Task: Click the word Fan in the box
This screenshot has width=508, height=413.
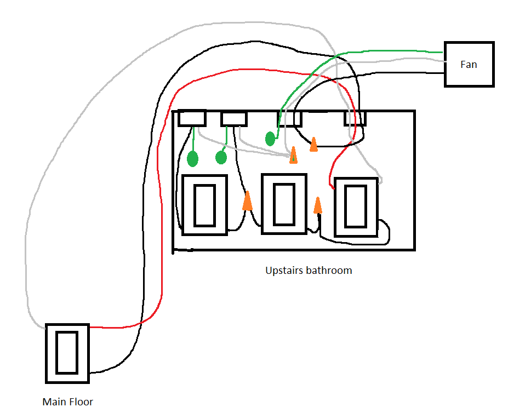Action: pyautogui.click(x=469, y=64)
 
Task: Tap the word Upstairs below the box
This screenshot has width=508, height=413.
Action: pyautogui.click(x=284, y=270)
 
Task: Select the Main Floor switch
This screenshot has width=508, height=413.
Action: pyautogui.click(x=67, y=353)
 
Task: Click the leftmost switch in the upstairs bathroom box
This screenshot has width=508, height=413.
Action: pyautogui.click(x=204, y=205)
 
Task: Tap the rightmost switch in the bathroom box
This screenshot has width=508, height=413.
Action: pyautogui.click(x=356, y=208)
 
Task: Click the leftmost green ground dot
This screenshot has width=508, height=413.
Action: pyautogui.click(x=192, y=159)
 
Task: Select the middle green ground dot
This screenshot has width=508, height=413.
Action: pyautogui.click(x=221, y=158)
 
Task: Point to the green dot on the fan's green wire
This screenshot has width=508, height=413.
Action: pyautogui.click(x=270, y=139)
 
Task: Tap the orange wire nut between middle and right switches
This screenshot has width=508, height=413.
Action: pyautogui.click(x=317, y=205)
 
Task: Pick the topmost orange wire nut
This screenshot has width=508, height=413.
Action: pyautogui.click(x=313, y=144)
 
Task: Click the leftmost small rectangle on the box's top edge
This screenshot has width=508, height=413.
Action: pyautogui.click(x=192, y=118)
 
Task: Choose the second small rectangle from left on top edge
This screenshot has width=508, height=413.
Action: pyautogui.click(x=233, y=118)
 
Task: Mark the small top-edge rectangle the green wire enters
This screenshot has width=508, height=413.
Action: pyautogui.click(x=289, y=119)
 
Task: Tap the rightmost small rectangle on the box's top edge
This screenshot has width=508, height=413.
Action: pyautogui.click(x=355, y=118)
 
